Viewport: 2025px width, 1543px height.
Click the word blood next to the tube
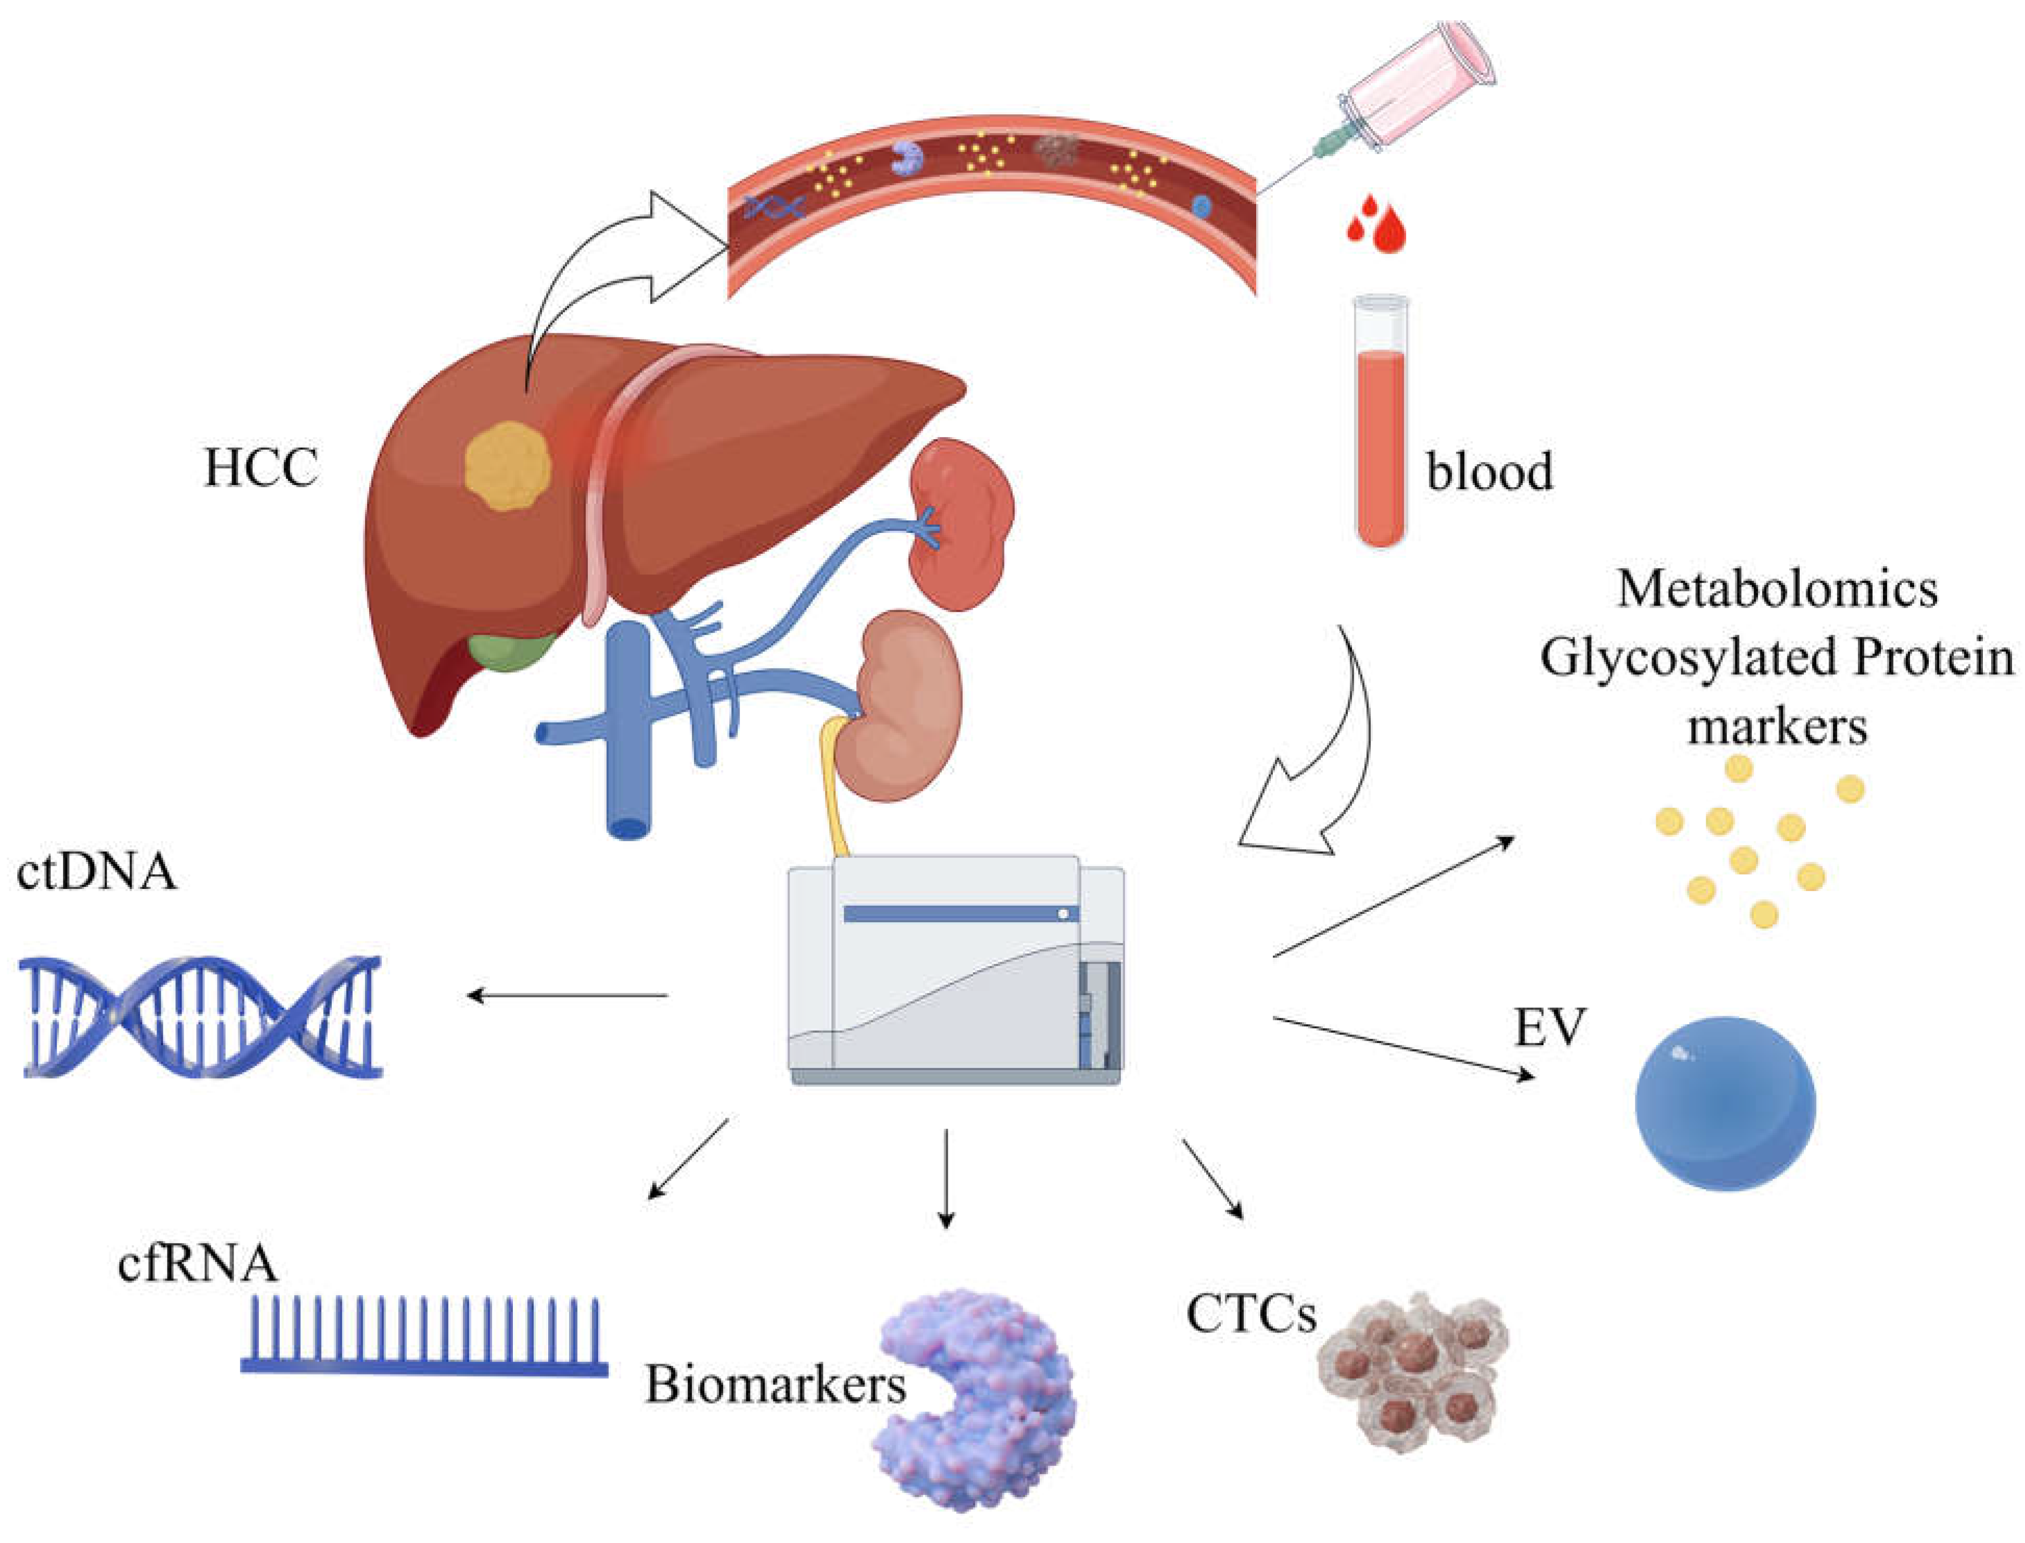click(x=1488, y=471)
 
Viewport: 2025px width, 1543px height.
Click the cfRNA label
click(x=197, y=1263)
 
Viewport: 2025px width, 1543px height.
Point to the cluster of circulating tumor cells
click(x=1410, y=1368)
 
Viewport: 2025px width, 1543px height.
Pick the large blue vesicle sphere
click(x=1724, y=1102)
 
